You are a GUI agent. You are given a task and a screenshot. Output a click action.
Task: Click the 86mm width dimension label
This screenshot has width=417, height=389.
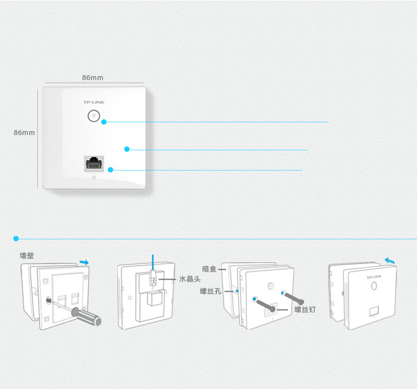[x=92, y=78]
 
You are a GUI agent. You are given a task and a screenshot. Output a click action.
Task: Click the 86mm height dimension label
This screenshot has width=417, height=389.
[x=24, y=132]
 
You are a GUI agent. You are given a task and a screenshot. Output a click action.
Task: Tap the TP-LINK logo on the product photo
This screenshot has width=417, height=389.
[x=93, y=102]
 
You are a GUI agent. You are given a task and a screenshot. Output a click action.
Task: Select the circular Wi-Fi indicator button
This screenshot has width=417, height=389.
[x=93, y=116]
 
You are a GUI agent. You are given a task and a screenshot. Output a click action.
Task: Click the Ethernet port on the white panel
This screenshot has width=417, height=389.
[x=94, y=163]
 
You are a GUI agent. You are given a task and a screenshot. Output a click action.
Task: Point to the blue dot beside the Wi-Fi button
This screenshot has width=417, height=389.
[x=104, y=122]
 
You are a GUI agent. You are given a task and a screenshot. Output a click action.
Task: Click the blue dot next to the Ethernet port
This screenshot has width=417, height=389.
[x=111, y=169]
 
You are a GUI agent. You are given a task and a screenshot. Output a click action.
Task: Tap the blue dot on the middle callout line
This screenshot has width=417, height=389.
[x=127, y=149]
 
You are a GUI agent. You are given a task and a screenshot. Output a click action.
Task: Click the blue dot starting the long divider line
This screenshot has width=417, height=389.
[x=16, y=238]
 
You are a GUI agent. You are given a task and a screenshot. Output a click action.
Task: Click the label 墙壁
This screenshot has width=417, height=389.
[x=27, y=256]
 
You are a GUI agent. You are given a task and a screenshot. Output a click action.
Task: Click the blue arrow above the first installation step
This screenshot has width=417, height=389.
[x=85, y=262]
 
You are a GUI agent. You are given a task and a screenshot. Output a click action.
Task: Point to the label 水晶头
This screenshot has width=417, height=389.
[x=190, y=279]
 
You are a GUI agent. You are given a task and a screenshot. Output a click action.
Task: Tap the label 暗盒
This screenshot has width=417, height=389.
[x=209, y=269]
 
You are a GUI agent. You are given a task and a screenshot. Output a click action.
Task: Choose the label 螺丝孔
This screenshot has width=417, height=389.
[x=211, y=291]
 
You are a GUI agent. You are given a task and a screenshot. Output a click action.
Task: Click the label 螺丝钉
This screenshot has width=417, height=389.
[x=305, y=310]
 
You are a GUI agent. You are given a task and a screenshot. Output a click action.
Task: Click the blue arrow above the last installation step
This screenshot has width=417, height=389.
[x=390, y=261]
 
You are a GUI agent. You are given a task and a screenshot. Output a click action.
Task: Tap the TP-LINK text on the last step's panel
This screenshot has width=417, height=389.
[x=374, y=277]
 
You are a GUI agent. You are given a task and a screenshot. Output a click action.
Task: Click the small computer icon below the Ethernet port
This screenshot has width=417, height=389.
[x=94, y=178]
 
